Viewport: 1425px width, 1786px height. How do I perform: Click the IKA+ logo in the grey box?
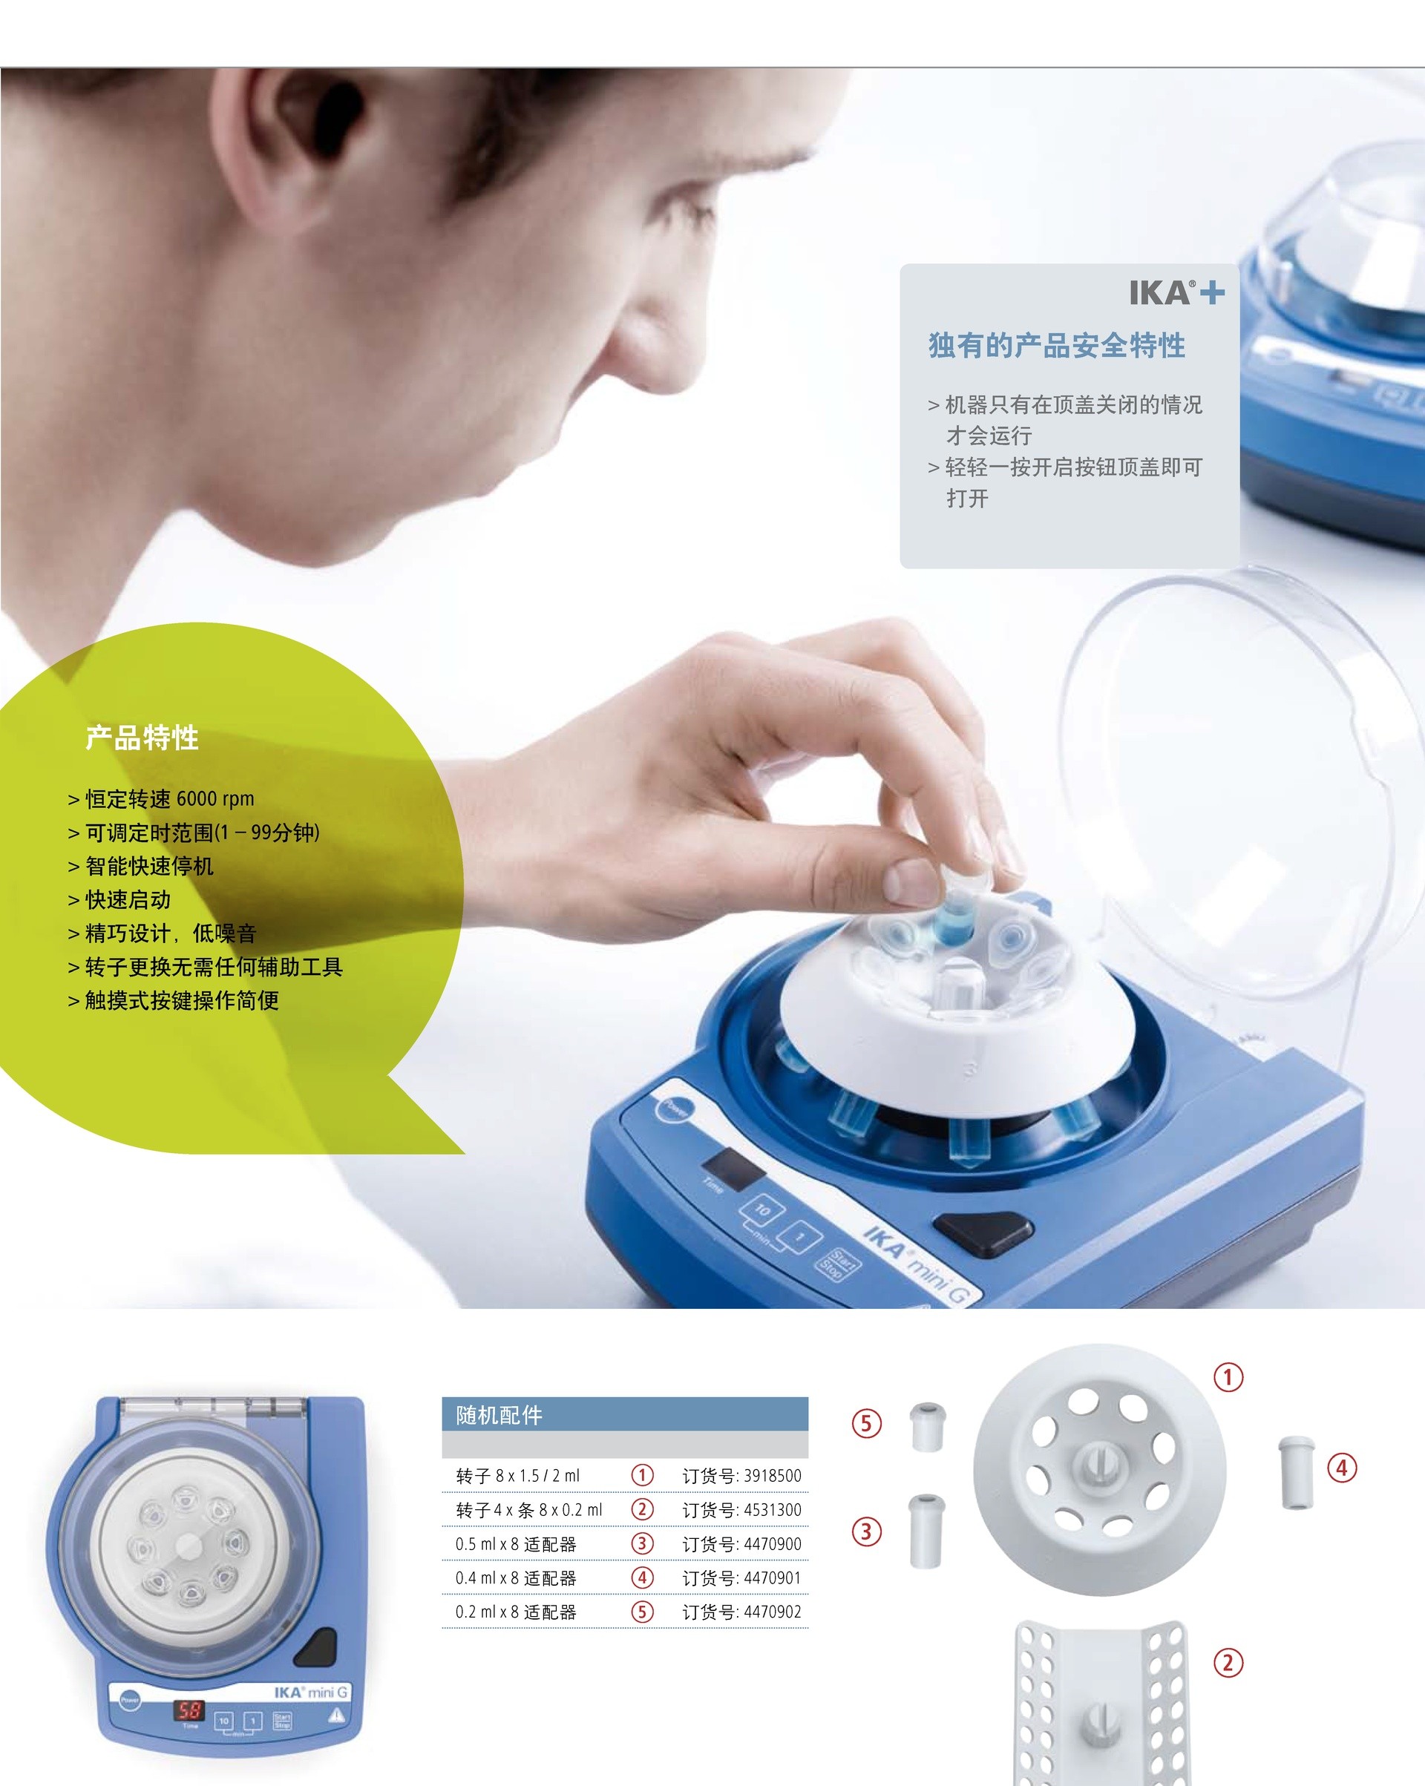coord(1176,292)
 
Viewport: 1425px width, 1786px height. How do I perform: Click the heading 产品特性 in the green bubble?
coord(142,738)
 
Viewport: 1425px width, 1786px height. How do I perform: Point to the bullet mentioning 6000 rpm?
coord(161,798)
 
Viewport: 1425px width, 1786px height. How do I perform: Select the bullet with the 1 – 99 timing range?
coord(193,833)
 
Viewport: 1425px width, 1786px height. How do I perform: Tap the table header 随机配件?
coord(499,1415)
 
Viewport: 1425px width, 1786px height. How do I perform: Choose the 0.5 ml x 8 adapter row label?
coord(515,1544)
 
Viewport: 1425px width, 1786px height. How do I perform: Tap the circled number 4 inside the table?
coord(642,1578)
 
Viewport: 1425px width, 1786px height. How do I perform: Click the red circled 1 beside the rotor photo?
coord(1228,1378)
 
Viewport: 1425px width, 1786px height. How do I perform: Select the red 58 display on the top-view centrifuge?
coord(189,1710)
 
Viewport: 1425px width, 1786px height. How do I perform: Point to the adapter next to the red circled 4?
coord(1296,1473)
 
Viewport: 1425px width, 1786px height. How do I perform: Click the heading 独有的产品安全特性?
coord(1056,346)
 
